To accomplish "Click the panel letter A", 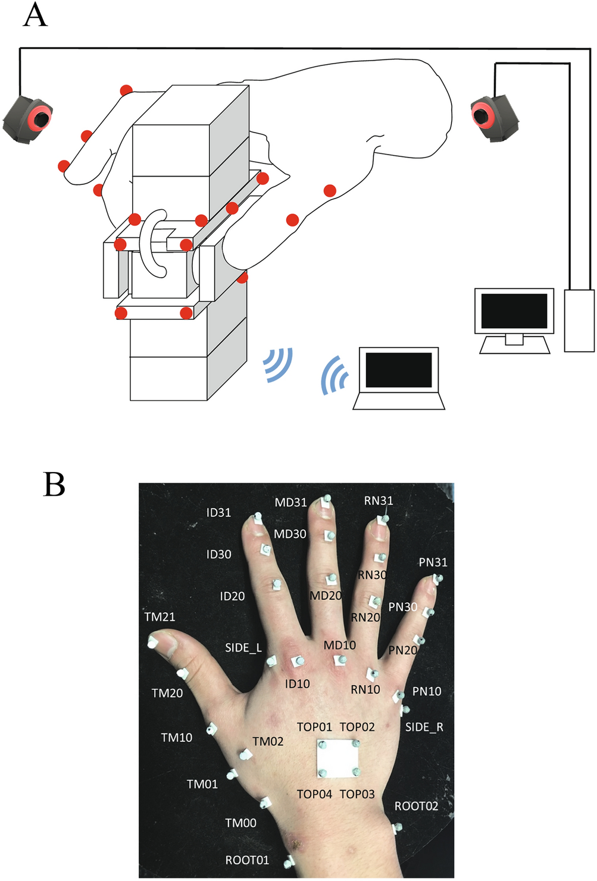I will tap(35, 15).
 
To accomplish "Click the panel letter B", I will tap(54, 484).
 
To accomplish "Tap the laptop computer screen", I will tap(398, 370).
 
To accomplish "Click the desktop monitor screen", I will tap(514, 311).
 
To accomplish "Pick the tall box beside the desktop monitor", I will tap(579, 320).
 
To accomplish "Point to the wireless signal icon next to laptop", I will tap(335, 376).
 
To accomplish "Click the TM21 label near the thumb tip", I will tap(160, 617).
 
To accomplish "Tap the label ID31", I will tap(218, 512).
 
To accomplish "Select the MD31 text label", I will tap(290, 502).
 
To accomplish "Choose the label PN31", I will tap(433, 562).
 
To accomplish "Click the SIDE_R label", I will tap(424, 727).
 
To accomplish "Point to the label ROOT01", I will tap(247, 860).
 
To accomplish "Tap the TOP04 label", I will tap(314, 794).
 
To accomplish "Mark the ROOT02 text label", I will tap(416, 806).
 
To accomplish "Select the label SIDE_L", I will tap(243, 648).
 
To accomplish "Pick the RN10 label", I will tap(365, 690).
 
